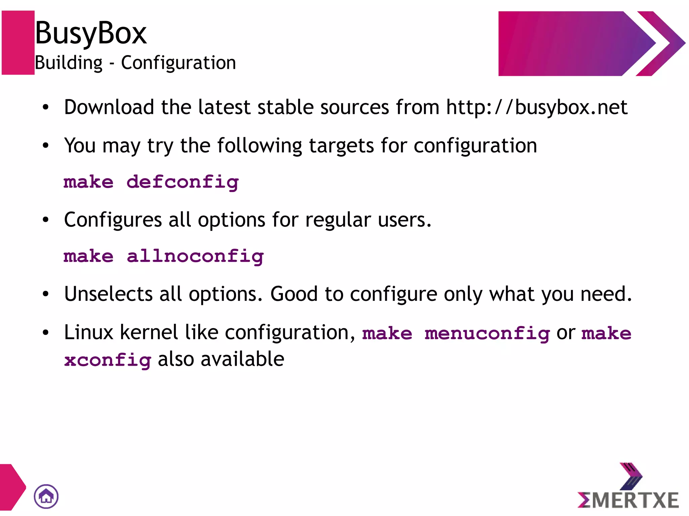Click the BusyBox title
click(91, 33)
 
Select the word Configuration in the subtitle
click(178, 63)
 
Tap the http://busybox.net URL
click(537, 107)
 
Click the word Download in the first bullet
click(109, 107)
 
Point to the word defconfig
click(183, 183)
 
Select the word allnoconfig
click(195, 256)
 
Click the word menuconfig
click(487, 334)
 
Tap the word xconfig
click(108, 360)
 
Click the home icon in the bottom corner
click(46, 497)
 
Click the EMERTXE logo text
click(628, 500)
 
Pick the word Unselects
click(108, 294)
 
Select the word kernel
click(149, 332)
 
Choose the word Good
click(294, 294)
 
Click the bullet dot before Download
click(46, 108)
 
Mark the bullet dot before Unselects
click(46, 294)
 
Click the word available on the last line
click(242, 359)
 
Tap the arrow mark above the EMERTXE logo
click(631, 476)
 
